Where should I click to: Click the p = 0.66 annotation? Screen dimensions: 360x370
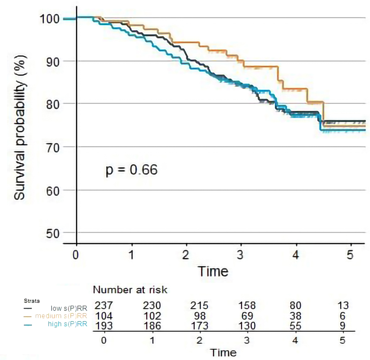(x=132, y=170)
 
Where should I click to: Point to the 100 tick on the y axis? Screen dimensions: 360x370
(x=49, y=19)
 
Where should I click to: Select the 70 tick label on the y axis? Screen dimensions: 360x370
(x=53, y=148)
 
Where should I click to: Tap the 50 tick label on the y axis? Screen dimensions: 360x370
(x=53, y=234)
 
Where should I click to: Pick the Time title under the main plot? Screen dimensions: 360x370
(x=214, y=271)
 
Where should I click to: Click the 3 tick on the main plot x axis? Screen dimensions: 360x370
(x=240, y=255)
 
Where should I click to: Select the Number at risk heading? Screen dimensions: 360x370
(x=130, y=290)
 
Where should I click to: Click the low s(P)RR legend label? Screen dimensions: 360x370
(x=69, y=308)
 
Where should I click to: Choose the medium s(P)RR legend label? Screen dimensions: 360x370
(x=61, y=316)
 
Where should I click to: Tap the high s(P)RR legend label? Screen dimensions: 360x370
(x=67, y=324)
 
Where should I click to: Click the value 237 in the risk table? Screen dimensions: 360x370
(x=104, y=306)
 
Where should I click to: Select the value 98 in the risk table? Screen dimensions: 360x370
(x=199, y=316)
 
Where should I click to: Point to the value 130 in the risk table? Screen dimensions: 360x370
(x=247, y=326)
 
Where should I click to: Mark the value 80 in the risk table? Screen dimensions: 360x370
(x=295, y=306)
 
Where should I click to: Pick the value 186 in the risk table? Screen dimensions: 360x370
(x=152, y=326)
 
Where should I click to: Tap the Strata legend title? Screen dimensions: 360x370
(x=32, y=301)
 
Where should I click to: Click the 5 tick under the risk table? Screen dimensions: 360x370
(x=342, y=340)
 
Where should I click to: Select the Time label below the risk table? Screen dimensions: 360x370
(x=223, y=353)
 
